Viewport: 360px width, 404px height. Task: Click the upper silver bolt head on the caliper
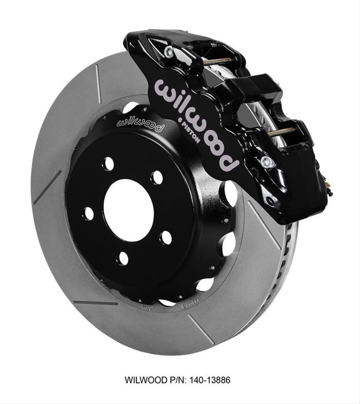[169, 51]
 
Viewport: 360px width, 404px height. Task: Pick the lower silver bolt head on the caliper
[266, 162]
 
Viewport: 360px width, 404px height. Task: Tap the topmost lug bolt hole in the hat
[108, 164]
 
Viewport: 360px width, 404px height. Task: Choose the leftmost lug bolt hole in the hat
[88, 212]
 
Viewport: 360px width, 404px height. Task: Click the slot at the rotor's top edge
[98, 84]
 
